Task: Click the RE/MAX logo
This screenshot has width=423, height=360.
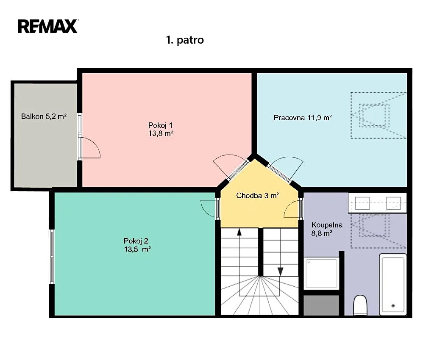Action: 48,26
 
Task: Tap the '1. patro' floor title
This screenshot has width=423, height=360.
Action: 185,40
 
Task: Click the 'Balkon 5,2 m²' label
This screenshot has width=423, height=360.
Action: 44,116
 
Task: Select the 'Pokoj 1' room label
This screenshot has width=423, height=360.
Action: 160,125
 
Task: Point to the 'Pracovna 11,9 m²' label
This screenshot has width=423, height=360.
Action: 303,118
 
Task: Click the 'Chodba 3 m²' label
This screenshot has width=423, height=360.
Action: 257,196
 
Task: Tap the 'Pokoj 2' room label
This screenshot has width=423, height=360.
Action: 136,241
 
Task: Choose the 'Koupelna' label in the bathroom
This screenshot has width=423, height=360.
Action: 327,225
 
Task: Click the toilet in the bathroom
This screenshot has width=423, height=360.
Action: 360,305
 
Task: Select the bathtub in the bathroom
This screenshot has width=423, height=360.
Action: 393,284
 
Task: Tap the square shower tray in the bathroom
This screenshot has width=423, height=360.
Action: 321,273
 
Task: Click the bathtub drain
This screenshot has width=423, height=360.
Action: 393,305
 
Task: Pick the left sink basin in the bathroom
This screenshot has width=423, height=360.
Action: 362,203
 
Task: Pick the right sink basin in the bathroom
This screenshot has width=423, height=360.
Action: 393,203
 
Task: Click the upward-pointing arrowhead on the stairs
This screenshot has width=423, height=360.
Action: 239,232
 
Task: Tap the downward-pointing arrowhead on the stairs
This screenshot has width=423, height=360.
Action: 281,272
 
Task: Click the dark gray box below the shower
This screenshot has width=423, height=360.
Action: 321,305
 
